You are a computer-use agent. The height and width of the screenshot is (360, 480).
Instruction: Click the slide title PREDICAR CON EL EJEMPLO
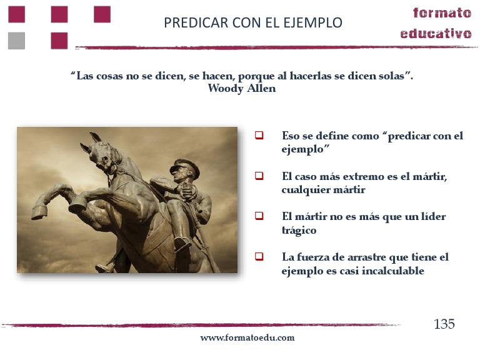(x=252, y=23)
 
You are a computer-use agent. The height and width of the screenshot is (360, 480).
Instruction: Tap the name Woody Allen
(x=241, y=88)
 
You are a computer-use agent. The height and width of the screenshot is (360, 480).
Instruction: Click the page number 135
(x=444, y=324)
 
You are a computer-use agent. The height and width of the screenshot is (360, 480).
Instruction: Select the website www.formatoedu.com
(x=247, y=337)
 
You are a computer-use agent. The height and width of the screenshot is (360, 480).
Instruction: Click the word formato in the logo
(x=442, y=13)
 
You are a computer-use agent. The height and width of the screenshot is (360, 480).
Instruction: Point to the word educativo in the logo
(x=436, y=33)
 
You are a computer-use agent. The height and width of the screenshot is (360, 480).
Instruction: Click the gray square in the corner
(x=16, y=41)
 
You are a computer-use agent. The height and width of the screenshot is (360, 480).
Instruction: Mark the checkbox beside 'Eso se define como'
(x=259, y=135)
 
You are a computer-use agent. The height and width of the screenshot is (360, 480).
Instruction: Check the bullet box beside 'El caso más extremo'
(x=259, y=176)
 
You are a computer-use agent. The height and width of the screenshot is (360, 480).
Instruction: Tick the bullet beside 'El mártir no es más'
(x=259, y=216)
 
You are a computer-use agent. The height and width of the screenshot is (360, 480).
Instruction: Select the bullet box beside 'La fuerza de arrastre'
(x=259, y=256)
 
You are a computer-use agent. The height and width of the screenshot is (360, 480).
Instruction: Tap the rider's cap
(x=185, y=167)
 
